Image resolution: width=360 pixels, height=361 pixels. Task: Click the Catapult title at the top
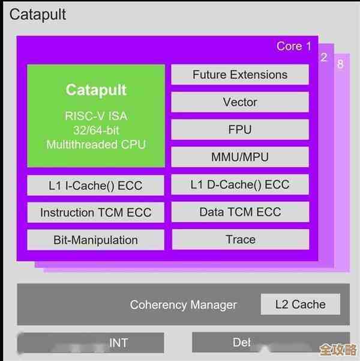coord(38,14)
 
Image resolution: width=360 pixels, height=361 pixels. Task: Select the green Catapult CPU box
coord(96,116)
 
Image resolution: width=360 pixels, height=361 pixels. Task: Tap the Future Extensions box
coord(240,75)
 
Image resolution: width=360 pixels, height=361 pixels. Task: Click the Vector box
coord(240,102)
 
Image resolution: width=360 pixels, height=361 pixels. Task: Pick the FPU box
coord(240,130)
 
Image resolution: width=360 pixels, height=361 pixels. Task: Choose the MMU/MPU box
coord(240,157)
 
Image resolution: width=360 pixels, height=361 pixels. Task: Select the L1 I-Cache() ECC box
coord(96,185)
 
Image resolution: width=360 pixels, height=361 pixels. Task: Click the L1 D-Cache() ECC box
coord(240,184)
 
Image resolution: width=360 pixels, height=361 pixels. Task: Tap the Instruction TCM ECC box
coord(96,213)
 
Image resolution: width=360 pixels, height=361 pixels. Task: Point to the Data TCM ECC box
coord(240,212)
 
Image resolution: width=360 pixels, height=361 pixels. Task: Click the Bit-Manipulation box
coord(96,240)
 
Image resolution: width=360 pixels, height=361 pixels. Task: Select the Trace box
coord(240,239)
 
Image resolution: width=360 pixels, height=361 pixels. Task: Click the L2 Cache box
coord(300,304)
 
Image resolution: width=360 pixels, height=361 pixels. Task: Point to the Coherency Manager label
coord(184,305)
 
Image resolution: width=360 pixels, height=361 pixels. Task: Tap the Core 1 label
coord(294,46)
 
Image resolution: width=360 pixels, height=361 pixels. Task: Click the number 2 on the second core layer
coord(324,58)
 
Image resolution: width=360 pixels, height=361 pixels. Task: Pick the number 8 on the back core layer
coord(340,64)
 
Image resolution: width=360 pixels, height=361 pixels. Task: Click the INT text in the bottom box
coord(118,343)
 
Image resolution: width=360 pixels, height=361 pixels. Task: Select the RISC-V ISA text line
coord(96,116)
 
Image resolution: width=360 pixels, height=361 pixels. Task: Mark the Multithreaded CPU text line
coord(96,145)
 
